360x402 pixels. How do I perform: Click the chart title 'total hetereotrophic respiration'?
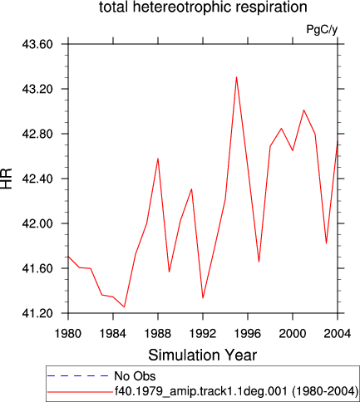pos(203,7)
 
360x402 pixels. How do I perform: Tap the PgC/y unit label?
pos(322,29)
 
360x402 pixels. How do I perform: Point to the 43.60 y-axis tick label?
pos(37,44)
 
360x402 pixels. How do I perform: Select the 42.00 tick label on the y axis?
pos(37,223)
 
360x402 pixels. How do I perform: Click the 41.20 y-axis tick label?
pos(37,313)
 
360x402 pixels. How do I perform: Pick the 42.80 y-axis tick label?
pos(37,134)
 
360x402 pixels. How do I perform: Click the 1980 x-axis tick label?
pos(68,334)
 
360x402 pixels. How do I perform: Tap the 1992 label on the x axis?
pos(203,334)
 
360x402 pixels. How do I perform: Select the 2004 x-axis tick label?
pos(338,334)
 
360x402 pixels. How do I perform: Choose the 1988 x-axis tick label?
pos(158,334)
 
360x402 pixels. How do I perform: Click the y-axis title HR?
pos(7,179)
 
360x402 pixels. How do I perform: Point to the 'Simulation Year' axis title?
pos(203,355)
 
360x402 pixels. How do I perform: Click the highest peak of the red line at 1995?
pos(236,76)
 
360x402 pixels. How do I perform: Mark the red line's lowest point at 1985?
pos(124,307)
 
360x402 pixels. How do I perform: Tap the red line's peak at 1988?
pos(158,159)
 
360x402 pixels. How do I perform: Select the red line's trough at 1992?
pos(203,298)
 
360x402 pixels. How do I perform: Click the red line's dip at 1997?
pos(259,262)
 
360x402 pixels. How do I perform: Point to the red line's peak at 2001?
pos(303,110)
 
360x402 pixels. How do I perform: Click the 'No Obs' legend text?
pos(135,376)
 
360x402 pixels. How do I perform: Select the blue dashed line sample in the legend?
pos(77,375)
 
